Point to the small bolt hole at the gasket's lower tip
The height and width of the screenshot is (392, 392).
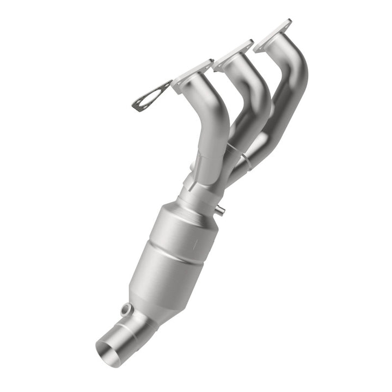coord(136,107)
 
